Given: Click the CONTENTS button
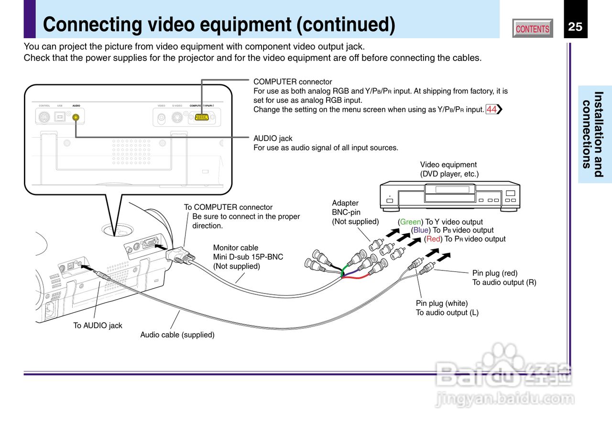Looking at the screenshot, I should pyautogui.click(x=532, y=29).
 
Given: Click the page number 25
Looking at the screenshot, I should pyautogui.click(x=575, y=27).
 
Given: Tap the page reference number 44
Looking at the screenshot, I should pyautogui.click(x=492, y=109).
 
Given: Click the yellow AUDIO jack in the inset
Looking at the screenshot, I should pyautogui.click(x=76, y=117).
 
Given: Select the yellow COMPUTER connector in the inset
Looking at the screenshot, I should pyautogui.click(x=201, y=117).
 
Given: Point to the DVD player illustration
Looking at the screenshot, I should pyautogui.click(x=449, y=195).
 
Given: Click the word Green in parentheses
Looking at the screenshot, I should pyautogui.click(x=410, y=222).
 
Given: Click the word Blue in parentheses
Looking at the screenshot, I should pyautogui.click(x=421, y=230).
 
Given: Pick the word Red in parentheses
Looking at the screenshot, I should pyautogui.click(x=433, y=239).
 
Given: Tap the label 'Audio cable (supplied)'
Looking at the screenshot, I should pyautogui.click(x=177, y=335).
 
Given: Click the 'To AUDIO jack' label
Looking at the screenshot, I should pyautogui.click(x=98, y=325).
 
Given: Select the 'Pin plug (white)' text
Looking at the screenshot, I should pyautogui.click(x=442, y=303).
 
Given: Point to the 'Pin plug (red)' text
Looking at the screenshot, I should pyautogui.click(x=495, y=273).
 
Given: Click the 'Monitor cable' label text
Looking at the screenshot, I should pyautogui.click(x=235, y=248).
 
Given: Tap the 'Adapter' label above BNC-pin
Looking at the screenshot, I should pyautogui.click(x=345, y=203).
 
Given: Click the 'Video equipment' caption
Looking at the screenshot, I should pyautogui.click(x=448, y=165).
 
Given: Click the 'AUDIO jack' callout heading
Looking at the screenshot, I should pyautogui.click(x=273, y=139).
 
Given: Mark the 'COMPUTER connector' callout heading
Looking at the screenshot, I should pyautogui.click(x=293, y=82).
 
